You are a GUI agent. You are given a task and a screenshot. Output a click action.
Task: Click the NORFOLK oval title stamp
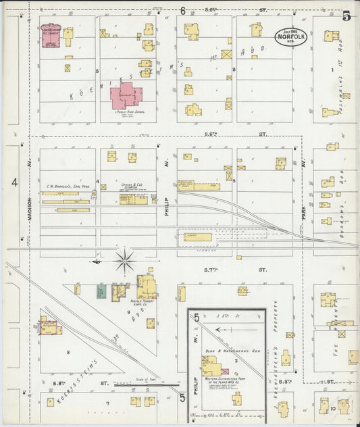coord(290,36)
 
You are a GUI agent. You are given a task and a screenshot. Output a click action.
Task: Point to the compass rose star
coord(125,260)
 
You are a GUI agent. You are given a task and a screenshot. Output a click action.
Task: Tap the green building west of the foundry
coord(101,292)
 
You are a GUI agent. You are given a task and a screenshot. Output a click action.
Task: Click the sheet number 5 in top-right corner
coord(346,16)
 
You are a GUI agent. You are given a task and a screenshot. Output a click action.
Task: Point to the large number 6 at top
coord(182,10)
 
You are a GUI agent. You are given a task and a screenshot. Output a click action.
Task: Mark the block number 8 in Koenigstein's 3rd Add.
coord(68,352)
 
